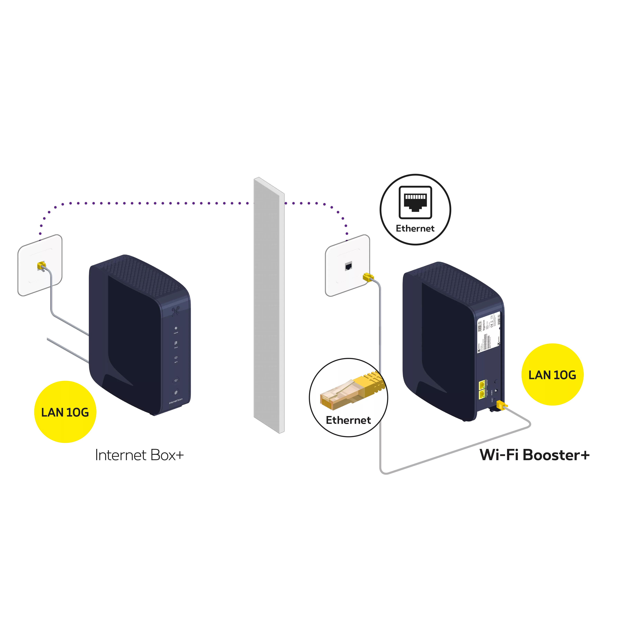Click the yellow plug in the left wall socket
click(42, 265)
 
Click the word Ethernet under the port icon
click(415, 229)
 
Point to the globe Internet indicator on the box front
click(176, 328)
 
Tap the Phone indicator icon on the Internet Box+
click(176, 343)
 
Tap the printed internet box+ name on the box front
click(176, 401)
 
